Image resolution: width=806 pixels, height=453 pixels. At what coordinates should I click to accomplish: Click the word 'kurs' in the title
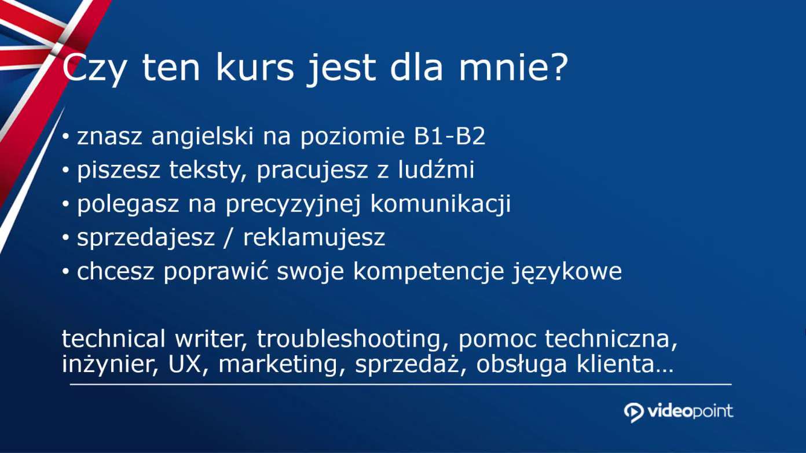coord(255,68)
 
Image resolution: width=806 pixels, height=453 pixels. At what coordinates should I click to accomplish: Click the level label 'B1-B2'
coord(449,136)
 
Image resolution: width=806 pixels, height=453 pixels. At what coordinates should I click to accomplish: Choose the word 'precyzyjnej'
coord(292,204)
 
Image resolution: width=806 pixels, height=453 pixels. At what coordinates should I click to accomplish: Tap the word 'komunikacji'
coord(441,204)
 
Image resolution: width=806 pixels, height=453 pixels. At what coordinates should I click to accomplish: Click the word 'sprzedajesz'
coord(146,238)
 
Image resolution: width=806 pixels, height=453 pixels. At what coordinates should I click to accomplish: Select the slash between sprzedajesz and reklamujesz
coord(226,237)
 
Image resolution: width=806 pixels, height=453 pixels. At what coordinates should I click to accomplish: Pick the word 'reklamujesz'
coord(314,237)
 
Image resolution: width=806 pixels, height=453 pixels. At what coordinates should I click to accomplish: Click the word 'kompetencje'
coord(428,272)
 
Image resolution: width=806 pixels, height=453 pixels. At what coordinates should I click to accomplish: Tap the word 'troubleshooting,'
coord(352,339)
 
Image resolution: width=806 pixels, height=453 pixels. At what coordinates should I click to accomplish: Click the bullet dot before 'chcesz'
coord(65,272)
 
